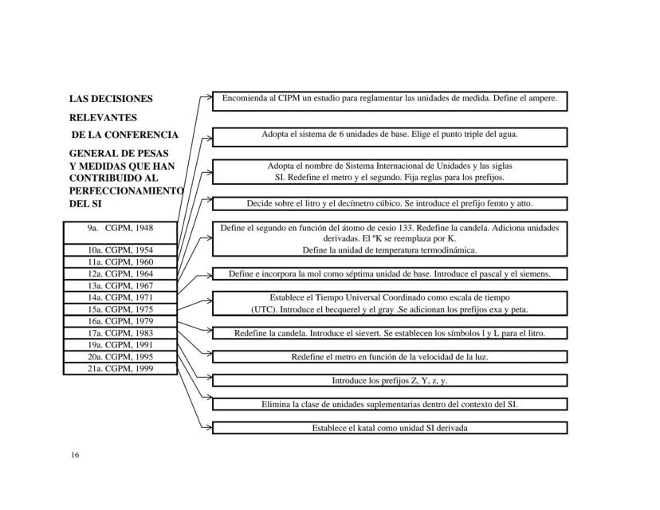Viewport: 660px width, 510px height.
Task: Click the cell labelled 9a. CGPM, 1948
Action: [120, 228]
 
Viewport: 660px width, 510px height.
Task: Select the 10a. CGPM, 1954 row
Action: [120, 250]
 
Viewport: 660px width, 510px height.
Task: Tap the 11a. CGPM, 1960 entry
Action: [120, 261]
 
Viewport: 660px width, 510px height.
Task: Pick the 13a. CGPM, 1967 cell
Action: [120, 285]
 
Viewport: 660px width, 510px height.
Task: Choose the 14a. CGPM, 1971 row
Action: [120, 297]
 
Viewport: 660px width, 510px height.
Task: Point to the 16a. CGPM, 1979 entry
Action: [120, 321]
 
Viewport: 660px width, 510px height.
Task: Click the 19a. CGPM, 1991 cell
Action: [120, 345]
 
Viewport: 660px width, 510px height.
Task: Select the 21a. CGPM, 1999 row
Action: [120, 368]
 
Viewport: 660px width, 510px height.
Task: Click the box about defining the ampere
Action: [390, 100]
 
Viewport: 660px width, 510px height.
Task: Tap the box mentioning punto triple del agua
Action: [390, 135]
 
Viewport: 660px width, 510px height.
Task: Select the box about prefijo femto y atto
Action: [390, 204]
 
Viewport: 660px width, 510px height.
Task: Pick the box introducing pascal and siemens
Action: [390, 274]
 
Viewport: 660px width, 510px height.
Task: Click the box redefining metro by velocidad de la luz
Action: [390, 357]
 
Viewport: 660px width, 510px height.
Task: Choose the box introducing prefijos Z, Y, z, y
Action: [390, 380]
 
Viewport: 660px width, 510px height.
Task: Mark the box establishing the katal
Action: [390, 428]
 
